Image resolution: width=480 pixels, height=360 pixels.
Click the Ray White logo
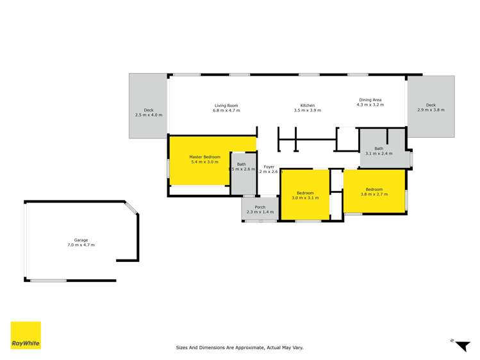tap(26, 335)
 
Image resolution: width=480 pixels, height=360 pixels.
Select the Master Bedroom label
tap(204, 157)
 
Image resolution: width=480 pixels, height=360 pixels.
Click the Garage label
tap(81, 240)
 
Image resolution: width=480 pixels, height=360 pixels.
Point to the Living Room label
tap(226, 106)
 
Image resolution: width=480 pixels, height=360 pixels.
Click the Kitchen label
tap(308, 106)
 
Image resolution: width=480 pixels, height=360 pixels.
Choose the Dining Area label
tap(370, 100)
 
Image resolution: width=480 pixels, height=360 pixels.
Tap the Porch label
tap(260, 207)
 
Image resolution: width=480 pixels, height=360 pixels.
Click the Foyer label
tap(269, 167)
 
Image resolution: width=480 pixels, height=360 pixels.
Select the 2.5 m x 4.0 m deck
tap(149, 106)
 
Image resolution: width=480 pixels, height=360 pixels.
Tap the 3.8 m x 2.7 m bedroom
tap(374, 190)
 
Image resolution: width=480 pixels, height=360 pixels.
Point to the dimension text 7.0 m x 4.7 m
tap(81, 245)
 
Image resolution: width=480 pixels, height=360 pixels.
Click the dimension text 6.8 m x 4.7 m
tap(226, 111)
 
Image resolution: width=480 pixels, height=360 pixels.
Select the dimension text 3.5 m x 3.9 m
tap(308, 111)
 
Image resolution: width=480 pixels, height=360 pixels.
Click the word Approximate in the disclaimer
tap(247, 348)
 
